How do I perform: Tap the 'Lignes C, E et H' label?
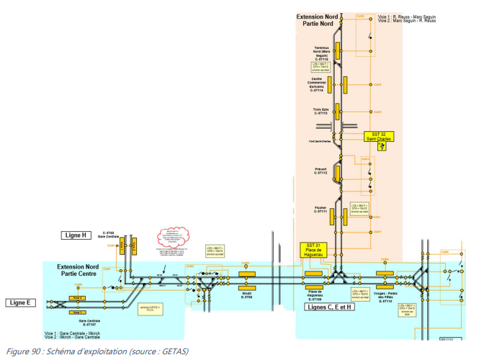[330, 308]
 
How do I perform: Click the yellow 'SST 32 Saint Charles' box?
[379, 137]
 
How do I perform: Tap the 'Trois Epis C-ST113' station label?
[321, 112]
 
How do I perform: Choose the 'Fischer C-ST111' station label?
[321, 210]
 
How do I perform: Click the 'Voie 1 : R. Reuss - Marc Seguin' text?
[407, 16]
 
